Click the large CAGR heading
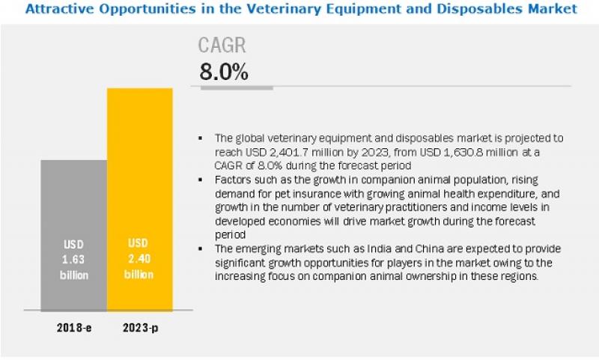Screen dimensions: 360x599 tap(222, 46)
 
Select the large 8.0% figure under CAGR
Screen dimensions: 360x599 tap(223, 72)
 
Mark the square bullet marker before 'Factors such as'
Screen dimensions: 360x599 tap(201, 181)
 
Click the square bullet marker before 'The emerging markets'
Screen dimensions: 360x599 tap(201, 248)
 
